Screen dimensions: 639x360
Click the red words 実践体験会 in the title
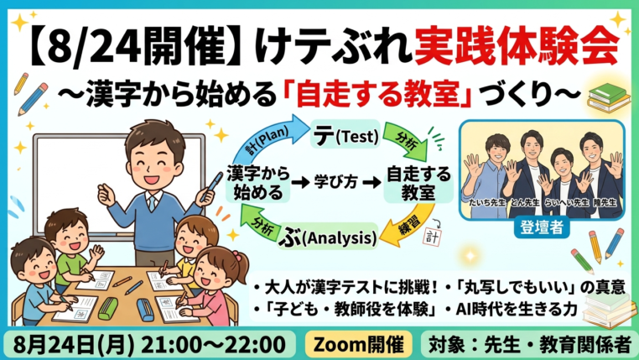click(x=517, y=45)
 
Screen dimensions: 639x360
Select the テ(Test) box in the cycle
click(x=345, y=134)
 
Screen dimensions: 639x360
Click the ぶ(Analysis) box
click(x=328, y=236)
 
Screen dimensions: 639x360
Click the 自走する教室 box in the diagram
click(x=418, y=183)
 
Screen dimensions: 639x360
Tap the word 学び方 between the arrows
click(x=335, y=182)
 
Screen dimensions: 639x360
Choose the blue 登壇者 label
click(x=541, y=227)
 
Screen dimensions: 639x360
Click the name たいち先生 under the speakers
click(x=486, y=202)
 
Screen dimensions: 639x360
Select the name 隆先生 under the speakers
click(x=605, y=202)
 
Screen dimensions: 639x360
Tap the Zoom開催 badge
click(x=358, y=345)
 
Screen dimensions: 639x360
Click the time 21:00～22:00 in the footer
click(x=213, y=345)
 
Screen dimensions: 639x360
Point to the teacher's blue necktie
click(x=152, y=202)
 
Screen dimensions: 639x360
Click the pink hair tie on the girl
click(x=236, y=256)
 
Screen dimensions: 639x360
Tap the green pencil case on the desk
click(x=107, y=308)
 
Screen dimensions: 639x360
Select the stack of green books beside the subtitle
click(x=609, y=98)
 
